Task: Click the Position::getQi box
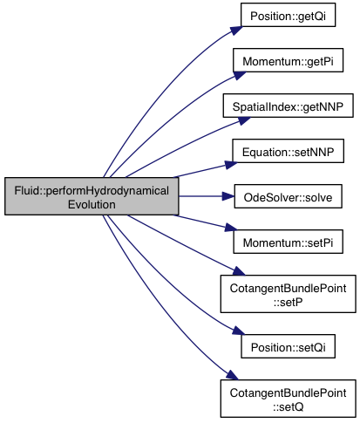coord(288,15)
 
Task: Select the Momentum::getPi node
coord(288,60)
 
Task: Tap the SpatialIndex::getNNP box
coord(288,106)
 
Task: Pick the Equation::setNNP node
coord(288,151)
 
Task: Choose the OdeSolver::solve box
coord(288,196)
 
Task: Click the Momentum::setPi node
coord(288,242)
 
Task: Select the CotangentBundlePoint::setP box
coord(288,294)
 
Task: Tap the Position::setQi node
coord(288,346)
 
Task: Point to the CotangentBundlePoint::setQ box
coord(288,399)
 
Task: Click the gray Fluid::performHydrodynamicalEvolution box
coord(92,196)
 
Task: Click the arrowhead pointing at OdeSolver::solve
coord(228,196)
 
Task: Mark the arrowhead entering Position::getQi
coord(236,31)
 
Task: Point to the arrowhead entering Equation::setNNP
coord(231,165)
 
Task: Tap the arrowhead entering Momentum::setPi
coord(231,228)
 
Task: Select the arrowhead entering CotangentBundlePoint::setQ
coord(232,375)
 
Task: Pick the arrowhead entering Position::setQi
coord(239,331)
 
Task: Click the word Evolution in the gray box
coord(92,204)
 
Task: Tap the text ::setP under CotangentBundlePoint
coord(288,302)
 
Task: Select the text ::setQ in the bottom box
coord(288,406)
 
